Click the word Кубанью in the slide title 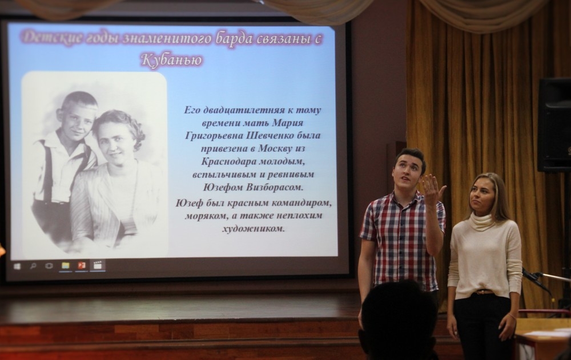[x=171, y=60]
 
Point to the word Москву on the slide [x=275, y=148]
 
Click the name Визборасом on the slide [x=274, y=188]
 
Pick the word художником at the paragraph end [x=254, y=229]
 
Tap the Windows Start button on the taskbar [x=17, y=266]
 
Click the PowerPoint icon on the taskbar [x=81, y=266]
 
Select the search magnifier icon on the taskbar [x=33, y=266]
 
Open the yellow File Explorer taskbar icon [x=66, y=266]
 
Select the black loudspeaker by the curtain [x=554, y=124]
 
